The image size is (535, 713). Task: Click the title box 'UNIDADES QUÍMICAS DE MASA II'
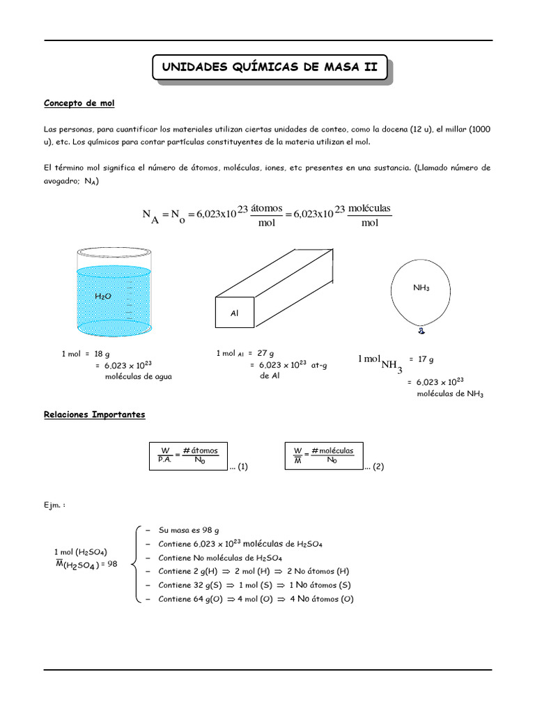pyautogui.click(x=269, y=68)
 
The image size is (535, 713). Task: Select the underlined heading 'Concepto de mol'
pyautogui.click(x=79, y=103)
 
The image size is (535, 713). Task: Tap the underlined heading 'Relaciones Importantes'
pyautogui.click(x=94, y=414)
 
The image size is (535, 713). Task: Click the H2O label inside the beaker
pyautogui.click(x=102, y=296)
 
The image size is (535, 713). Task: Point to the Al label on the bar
pyautogui.click(x=234, y=314)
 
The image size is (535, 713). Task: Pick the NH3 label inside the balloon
pyautogui.click(x=421, y=287)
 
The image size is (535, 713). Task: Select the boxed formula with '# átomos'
pyautogui.click(x=189, y=455)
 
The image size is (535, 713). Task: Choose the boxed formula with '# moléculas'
pyautogui.click(x=324, y=455)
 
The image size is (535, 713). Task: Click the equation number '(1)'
pyautogui.click(x=242, y=467)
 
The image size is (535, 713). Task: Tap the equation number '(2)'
pyautogui.click(x=378, y=467)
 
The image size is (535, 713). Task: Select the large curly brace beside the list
pyautogui.click(x=137, y=564)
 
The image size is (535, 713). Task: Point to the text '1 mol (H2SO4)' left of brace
pyautogui.click(x=80, y=552)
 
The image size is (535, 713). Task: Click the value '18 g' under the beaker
pyautogui.click(x=103, y=354)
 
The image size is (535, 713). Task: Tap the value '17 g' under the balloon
pyautogui.click(x=426, y=359)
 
